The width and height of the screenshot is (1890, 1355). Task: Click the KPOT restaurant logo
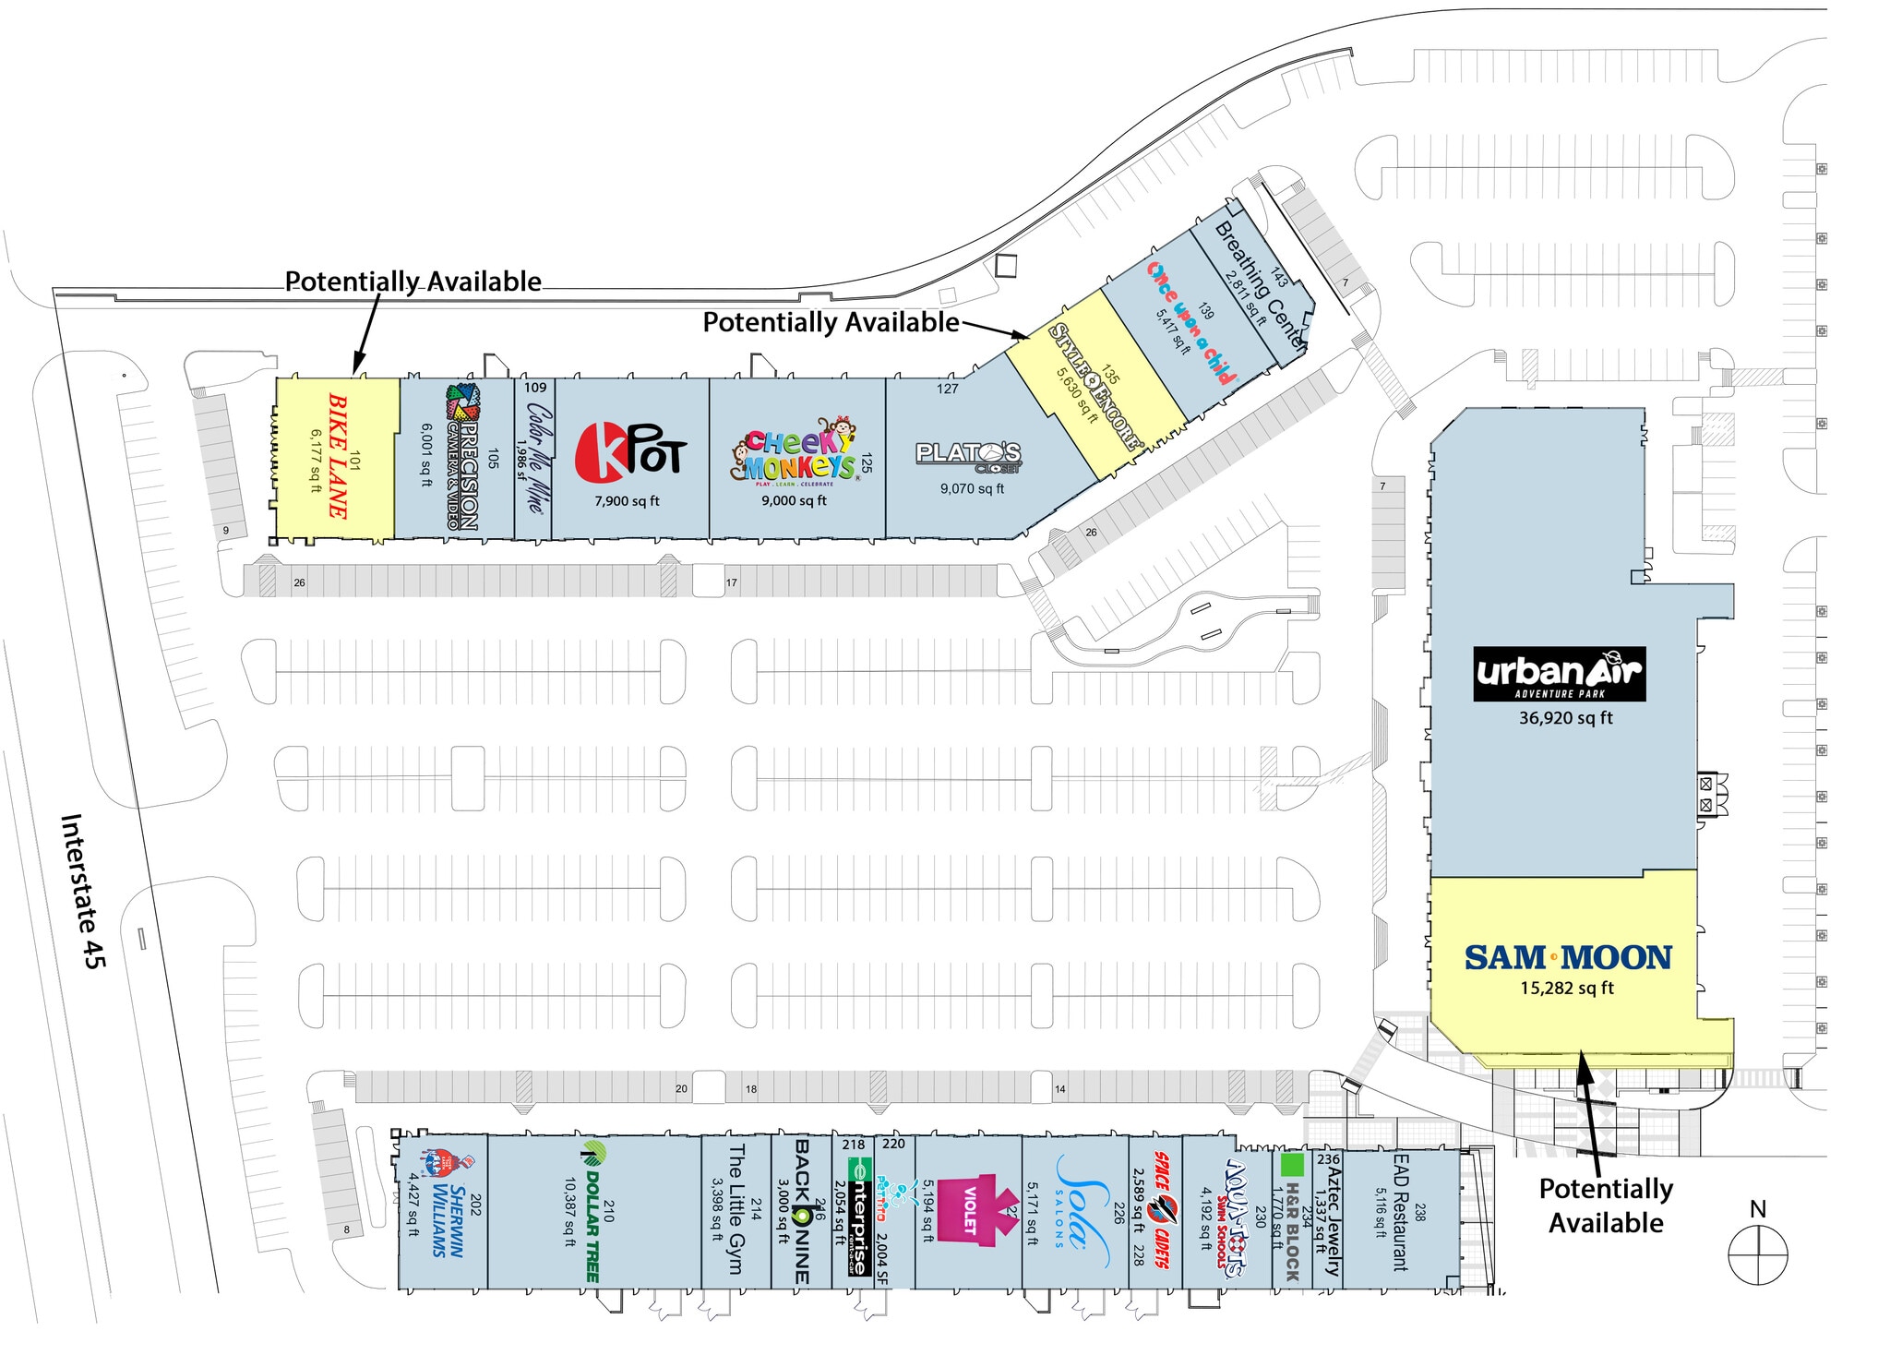[630, 452]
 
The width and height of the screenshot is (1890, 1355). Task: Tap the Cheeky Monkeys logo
[795, 452]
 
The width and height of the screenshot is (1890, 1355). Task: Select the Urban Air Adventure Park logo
[1559, 674]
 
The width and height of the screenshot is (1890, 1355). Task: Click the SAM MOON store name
[1567, 958]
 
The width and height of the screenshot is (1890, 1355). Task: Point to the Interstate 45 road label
[83, 891]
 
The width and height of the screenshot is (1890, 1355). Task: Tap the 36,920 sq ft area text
[1566, 718]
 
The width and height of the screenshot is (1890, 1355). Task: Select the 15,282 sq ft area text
[1567, 989]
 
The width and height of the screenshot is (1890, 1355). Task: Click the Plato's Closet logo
[969, 455]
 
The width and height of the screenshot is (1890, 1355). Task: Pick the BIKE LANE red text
[338, 455]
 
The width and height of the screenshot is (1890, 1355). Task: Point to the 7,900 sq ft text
[627, 501]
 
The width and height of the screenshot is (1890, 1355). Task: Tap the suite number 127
[948, 389]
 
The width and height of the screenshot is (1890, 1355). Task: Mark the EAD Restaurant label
[1400, 1212]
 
